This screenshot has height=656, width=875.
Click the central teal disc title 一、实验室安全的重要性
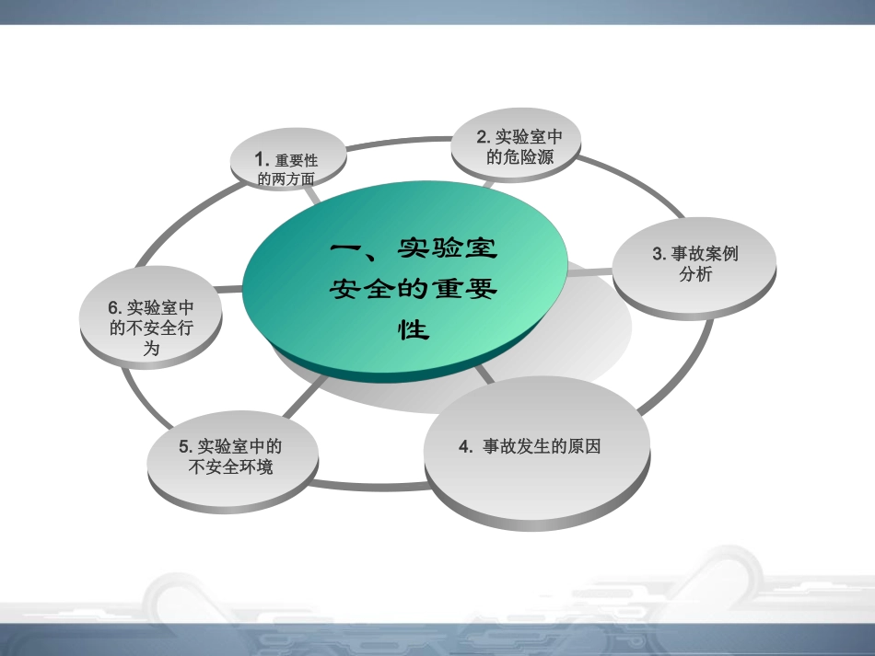[x=414, y=288]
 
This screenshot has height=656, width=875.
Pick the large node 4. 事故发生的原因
[x=537, y=448]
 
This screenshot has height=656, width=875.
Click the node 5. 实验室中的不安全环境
[x=231, y=456]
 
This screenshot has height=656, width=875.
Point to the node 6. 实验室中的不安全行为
[x=152, y=317]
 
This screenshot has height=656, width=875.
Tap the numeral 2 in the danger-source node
[x=482, y=136]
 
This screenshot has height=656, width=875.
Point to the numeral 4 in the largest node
[x=463, y=447]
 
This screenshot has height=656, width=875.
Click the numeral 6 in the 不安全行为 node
[x=114, y=307]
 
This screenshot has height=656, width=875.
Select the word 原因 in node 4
[x=585, y=447]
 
